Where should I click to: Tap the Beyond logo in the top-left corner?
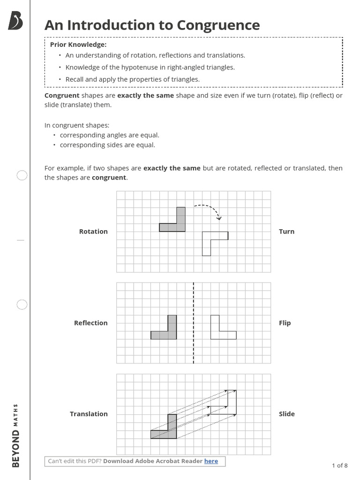coord(15,21)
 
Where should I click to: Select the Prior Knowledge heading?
coord(78,45)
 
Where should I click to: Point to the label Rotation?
coord(93,232)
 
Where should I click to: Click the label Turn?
coord(286,232)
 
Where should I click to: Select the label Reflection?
coord(90,323)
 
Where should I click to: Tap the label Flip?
coord(285,323)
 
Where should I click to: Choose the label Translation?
coord(89,414)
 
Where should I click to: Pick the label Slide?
coord(286,414)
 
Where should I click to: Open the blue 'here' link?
coord(211,461)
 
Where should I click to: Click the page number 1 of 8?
coord(339,465)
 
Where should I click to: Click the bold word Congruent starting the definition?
coord(61,96)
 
